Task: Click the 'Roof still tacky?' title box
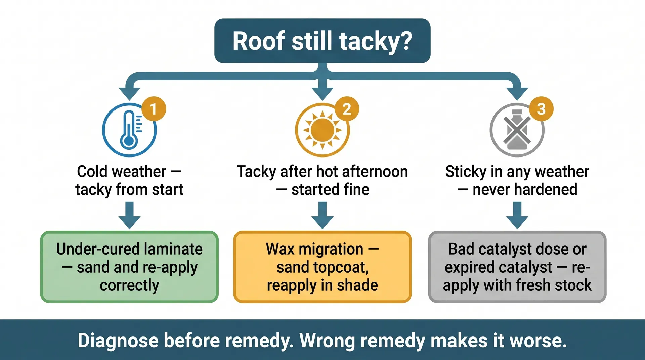point(322,41)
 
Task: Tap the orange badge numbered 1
point(154,108)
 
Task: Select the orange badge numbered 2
point(347,108)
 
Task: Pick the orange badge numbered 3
point(541,108)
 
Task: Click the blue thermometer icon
point(129,130)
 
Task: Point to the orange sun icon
point(322,130)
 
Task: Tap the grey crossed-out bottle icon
point(517,130)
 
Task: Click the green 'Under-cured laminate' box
point(129,267)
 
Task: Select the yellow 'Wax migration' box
point(322,267)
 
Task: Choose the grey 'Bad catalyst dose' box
point(517,267)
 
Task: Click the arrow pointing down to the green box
point(129,216)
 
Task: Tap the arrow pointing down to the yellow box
point(322,216)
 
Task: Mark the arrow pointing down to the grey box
point(517,216)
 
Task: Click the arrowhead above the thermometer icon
point(129,93)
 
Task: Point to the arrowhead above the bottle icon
point(517,93)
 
